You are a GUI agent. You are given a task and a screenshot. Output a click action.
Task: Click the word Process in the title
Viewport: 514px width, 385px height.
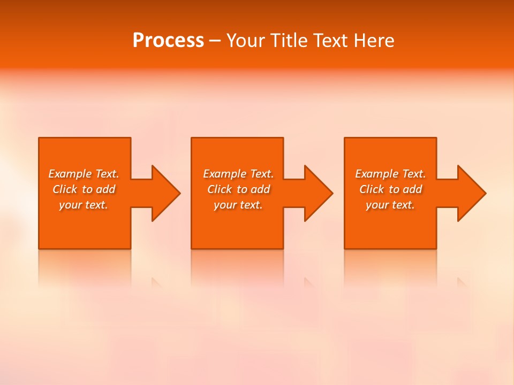[168, 41]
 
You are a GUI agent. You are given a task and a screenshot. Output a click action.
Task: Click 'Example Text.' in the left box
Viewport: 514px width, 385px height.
[84, 174]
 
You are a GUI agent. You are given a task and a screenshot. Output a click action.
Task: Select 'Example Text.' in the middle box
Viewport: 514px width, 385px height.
[238, 174]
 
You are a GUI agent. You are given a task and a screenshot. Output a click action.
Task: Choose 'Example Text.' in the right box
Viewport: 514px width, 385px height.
[390, 174]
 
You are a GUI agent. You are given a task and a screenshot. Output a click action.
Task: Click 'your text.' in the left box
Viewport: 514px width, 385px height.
[84, 205]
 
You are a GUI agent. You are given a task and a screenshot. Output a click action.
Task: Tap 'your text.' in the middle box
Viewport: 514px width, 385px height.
[238, 205]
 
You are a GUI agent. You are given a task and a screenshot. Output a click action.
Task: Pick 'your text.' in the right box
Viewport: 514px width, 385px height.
[390, 205]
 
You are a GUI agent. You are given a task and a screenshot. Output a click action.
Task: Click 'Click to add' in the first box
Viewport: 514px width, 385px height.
[84, 189]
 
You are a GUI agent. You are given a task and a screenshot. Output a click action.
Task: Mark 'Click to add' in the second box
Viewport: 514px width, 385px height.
[238, 189]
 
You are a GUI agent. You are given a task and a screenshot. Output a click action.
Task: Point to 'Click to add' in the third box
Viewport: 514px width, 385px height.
[390, 189]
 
